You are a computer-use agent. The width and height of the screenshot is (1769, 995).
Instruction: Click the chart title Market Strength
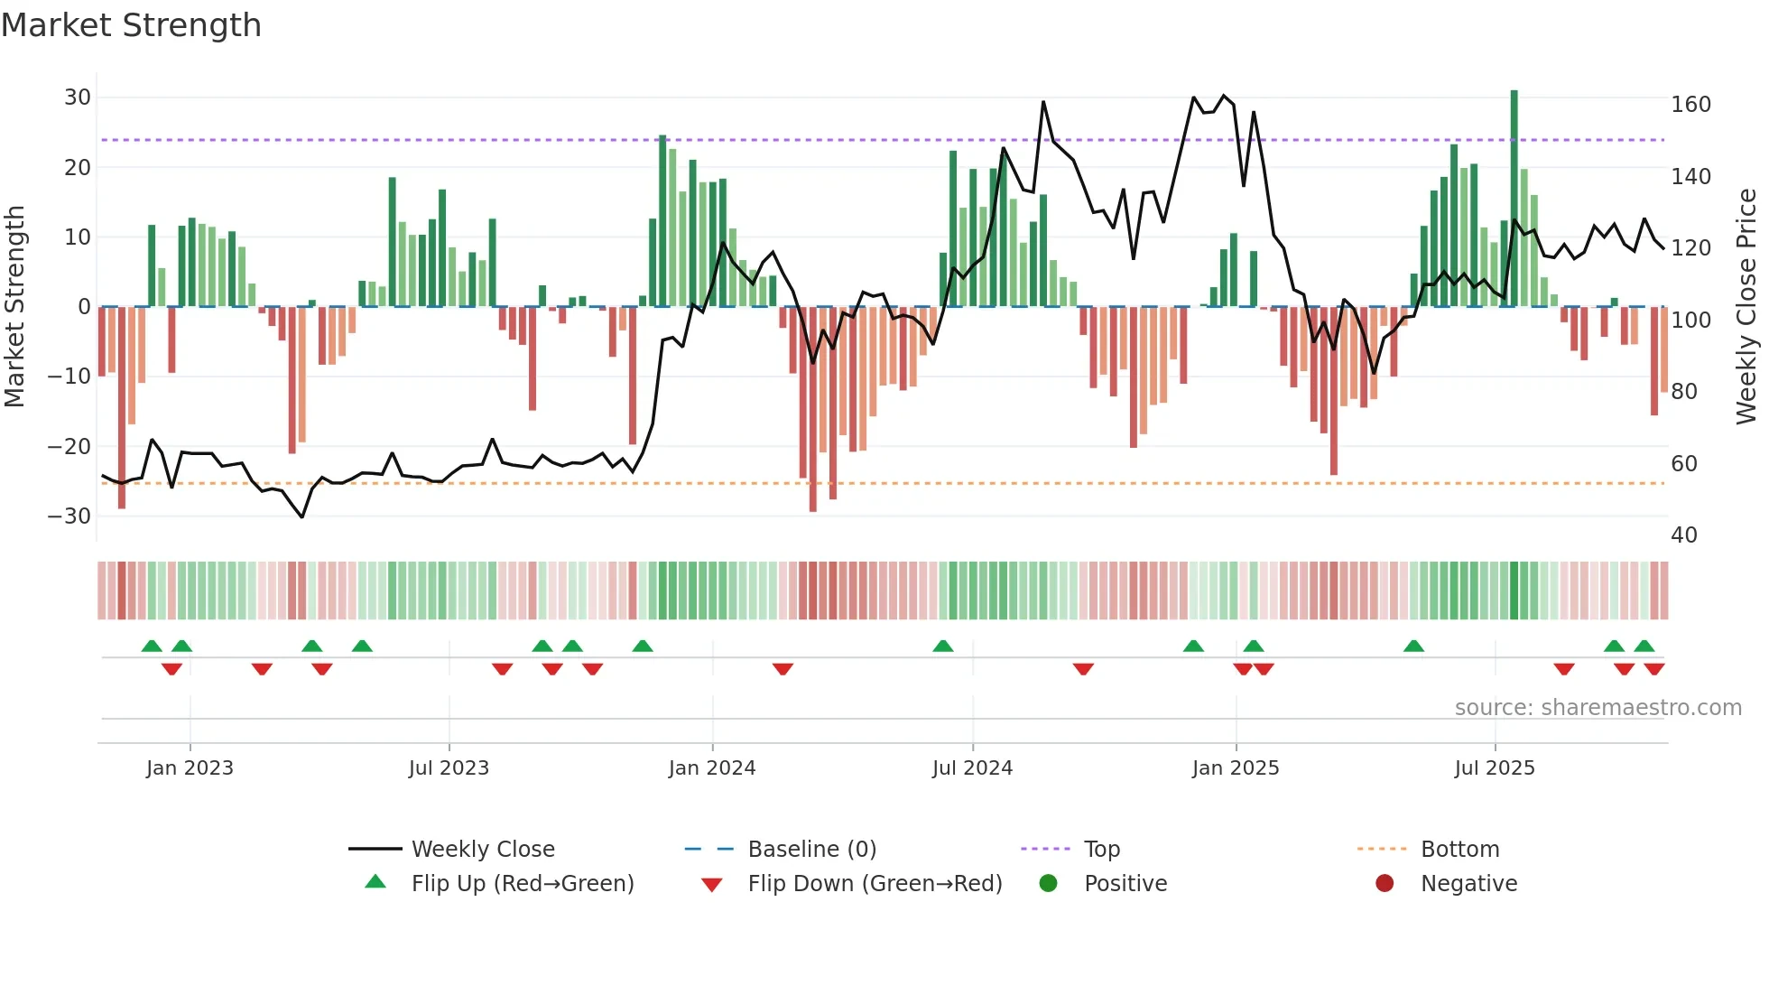click(131, 25)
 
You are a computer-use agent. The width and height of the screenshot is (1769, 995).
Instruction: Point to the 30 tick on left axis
click(78, 98)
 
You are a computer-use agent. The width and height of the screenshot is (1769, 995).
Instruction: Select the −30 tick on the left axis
click(69, 516)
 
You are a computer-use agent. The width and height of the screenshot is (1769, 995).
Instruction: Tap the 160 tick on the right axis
click(1690, 105)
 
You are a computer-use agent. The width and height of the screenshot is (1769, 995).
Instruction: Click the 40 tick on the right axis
click(1684, 535)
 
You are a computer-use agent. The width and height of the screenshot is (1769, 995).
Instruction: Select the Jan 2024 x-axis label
click(712, 768)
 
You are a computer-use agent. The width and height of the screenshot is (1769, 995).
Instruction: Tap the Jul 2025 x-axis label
click(1495, 768)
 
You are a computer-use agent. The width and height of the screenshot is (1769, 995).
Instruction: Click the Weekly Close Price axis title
click(1746, 307)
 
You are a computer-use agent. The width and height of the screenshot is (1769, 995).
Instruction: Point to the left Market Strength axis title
click(14, 307)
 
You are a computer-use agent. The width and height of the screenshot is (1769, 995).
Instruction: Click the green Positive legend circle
click(1048, 883)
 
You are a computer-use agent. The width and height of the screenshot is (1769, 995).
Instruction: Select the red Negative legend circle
click(1385, 883)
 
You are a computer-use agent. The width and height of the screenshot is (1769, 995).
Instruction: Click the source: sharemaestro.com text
click(1598, 708)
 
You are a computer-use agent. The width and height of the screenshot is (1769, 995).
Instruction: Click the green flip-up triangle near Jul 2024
click(942, 646)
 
